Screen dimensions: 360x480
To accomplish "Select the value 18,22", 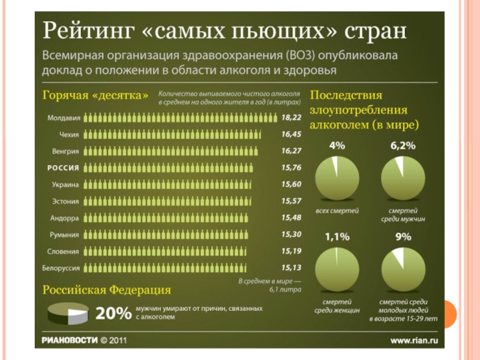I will pos(291,118).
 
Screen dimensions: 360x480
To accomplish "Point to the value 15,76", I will pos(291,167).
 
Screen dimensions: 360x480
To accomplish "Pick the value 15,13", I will pos(291,267).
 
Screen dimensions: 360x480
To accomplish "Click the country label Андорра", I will pos(65,217).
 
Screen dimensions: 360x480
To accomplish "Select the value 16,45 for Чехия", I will pos(291,134).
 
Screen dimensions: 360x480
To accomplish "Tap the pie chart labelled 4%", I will pos(337,179).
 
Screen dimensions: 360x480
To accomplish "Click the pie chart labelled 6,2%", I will pos(403,179).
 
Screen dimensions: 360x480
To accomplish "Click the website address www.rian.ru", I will pos(415,340).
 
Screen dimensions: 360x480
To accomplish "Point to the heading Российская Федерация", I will pos(106,290).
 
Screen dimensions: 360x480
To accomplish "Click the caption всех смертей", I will pos(337,211).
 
